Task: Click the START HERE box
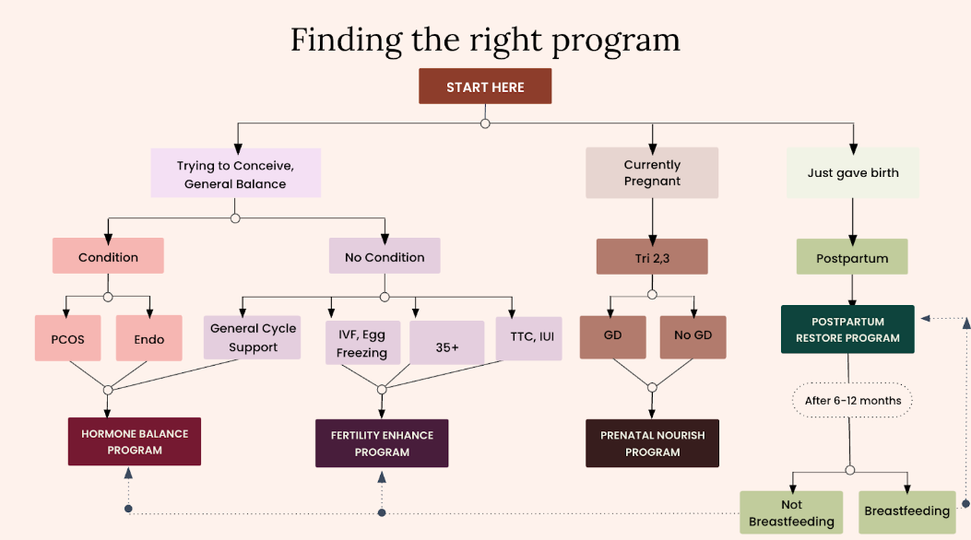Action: [485, 86]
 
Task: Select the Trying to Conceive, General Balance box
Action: [235, 172]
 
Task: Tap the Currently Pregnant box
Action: [652, 172]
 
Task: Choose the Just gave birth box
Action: [853, 172]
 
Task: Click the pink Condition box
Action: [108, 256]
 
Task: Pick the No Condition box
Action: [385, 256]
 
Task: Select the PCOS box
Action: [67, 338]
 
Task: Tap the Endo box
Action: [149, 338]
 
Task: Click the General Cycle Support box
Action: [253, 338]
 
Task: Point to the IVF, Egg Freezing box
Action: [363, 343]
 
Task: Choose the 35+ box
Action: [446, 343]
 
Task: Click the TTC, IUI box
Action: [529, 338]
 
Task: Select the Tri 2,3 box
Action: [652, 257]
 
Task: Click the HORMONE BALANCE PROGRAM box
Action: [135, 441]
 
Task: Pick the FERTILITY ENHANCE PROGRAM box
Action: [382, 443]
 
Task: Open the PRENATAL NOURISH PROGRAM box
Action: [653, 443]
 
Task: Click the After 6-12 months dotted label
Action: [853, 400]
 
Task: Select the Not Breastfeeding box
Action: [791, 512]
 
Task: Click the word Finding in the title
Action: [346, 41]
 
